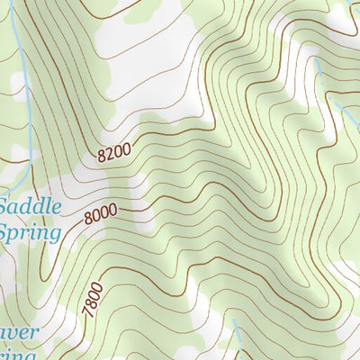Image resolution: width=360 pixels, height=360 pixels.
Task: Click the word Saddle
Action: click(31, 207)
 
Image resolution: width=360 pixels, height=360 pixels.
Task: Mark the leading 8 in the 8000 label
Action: click(87, 219)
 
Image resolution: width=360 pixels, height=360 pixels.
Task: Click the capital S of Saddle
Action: click(6, 207)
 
